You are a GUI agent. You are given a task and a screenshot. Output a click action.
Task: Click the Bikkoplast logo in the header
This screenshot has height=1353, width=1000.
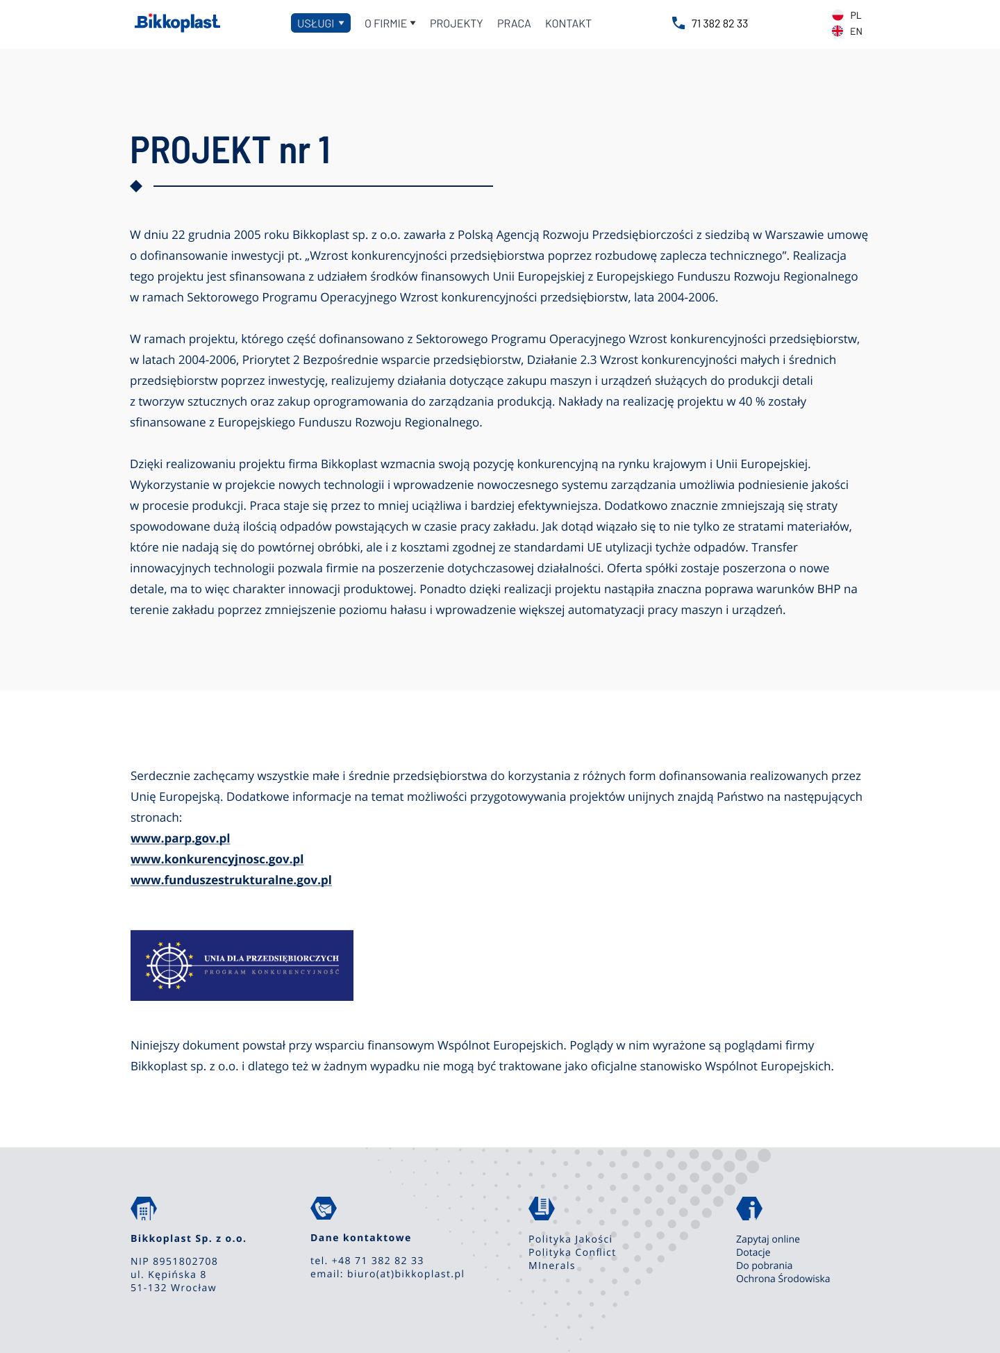177,23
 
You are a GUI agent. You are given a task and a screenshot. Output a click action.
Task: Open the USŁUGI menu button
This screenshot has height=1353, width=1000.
320,23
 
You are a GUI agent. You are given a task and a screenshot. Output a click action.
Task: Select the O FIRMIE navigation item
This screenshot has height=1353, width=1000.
390,24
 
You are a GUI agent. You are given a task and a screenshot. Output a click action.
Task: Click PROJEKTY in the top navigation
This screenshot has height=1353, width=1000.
456,24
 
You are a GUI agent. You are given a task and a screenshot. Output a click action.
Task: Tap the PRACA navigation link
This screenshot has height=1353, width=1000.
514,24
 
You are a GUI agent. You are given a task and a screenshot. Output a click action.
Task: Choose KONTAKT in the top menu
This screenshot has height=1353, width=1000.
568,24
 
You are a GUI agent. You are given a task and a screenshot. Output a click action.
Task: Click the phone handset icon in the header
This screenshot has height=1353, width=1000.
678,23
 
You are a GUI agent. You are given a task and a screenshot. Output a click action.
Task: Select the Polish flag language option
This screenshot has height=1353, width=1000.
837,15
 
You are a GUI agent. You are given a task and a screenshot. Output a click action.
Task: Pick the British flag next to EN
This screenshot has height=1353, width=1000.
837,31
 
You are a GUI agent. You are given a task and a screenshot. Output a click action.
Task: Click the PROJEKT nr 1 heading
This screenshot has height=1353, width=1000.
231,150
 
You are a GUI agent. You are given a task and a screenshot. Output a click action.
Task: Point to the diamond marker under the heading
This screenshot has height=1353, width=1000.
136,186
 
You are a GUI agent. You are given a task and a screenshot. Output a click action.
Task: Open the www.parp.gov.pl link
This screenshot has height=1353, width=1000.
180,838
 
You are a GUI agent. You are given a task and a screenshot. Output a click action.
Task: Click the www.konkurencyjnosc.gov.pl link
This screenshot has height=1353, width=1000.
217,859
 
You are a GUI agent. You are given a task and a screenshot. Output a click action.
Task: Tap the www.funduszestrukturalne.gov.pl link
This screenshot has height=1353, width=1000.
231,880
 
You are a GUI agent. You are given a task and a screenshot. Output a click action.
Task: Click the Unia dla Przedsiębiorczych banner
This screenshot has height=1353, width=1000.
242,965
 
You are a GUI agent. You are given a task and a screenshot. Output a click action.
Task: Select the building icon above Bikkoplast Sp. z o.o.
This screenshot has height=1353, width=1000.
144,1209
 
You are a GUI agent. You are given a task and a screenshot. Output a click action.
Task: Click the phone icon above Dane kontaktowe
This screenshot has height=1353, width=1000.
324,1209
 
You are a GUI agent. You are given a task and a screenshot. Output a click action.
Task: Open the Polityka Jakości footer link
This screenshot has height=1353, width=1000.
570,1239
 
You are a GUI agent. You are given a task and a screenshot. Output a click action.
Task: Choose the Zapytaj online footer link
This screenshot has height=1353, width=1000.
767,1239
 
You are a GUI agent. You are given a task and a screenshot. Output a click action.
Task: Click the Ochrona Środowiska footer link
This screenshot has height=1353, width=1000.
783,1279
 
